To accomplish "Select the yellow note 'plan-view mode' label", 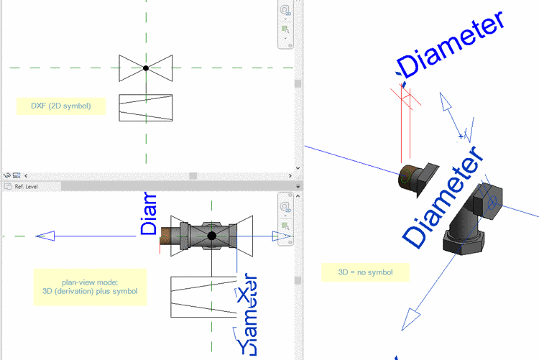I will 90,286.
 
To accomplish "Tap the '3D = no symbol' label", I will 365,273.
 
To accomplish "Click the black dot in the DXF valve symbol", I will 146,68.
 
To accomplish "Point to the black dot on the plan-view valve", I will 212,236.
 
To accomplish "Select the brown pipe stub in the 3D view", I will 411,178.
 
